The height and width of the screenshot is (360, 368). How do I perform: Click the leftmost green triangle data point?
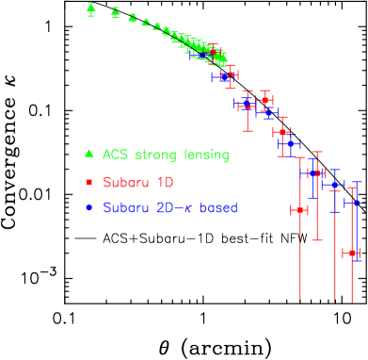90,8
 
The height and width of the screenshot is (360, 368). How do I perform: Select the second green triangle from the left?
115,12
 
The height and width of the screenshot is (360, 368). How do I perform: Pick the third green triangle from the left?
132,18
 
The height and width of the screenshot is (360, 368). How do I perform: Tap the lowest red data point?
351,253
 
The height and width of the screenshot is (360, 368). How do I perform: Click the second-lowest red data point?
300,209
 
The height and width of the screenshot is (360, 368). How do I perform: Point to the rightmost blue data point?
355,203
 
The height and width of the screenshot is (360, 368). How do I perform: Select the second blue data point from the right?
335,185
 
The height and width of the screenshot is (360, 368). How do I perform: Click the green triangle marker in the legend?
88,154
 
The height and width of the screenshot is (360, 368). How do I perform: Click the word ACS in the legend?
115,155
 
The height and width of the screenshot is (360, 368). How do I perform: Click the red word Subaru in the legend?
125,181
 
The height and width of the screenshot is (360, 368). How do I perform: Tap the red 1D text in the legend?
164,181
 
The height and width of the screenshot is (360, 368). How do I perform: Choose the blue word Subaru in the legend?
125,207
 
